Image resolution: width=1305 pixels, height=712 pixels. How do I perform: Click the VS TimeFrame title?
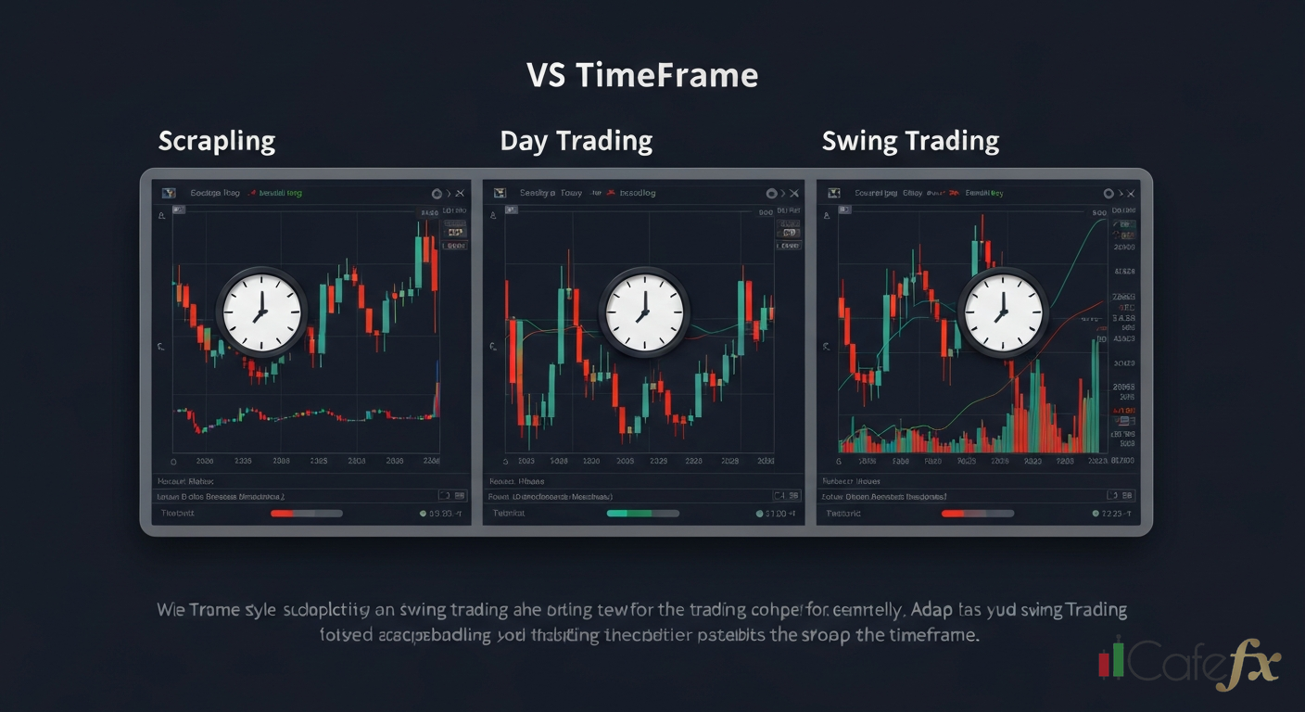click(x=642, y=75)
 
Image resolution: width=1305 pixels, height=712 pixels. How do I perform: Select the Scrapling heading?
click(x=217, y=141)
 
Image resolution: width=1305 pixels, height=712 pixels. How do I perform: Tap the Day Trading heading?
click(x=576, y=141)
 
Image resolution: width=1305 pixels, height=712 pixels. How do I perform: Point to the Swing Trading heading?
click(x=910, y=141)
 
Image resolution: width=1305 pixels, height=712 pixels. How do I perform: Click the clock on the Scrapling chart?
click(x=261, y=311)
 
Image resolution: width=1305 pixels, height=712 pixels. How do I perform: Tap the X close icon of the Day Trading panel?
click(x=793, y=194)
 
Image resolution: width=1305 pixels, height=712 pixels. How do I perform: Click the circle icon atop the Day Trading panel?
click(x=769, y=194)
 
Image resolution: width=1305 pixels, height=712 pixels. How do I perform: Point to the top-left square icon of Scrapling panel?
click(x=168, y=193)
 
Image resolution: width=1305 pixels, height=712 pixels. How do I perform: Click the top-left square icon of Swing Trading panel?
click(x=832, y=193)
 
